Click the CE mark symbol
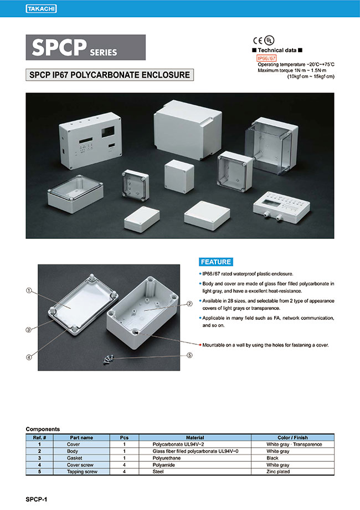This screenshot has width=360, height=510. [x=258, y=40]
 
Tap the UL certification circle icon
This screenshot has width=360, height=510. [x=269, y=40]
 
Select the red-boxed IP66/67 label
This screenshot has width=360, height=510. [x=266, y=58]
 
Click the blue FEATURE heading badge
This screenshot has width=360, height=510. [x=215, y=262]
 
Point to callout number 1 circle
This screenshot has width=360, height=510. [x=28, y=290]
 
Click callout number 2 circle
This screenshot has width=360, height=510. [x=189, y=303]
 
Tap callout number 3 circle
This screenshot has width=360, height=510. [x=28, y=330]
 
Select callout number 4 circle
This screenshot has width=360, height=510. [x=28, y=357]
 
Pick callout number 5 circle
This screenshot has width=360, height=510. [x=189, y=355]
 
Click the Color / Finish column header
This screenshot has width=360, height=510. [x=292, y=437]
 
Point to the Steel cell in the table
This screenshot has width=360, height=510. [x=157, y=471]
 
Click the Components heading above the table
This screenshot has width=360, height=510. [x=43, y=429]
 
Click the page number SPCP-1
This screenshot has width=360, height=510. [x=38, y=499]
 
